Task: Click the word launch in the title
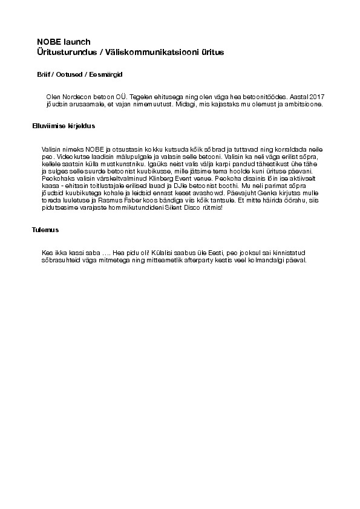[x=76, y=42]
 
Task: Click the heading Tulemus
[x=45, y=230]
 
